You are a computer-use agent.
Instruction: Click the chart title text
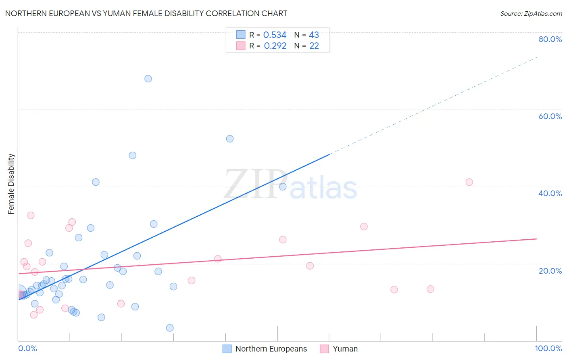click(x=146, y=13)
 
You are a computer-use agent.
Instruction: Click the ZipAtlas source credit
click(x=531, y=13)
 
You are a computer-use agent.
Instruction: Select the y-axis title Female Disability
click(x=11, y=184)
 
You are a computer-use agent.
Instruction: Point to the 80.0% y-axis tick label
click(x=550, y=39)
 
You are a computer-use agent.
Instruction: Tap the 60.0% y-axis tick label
click(x=550, y=116)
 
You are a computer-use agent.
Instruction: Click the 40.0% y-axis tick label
click(x=550, y=193)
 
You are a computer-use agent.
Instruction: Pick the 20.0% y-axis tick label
click(x=550, y=271)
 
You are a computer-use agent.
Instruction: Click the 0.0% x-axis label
click(x=27, y=348)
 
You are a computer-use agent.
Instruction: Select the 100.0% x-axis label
click(x=548, y=348)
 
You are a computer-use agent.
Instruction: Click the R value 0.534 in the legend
click(x=275, y=35)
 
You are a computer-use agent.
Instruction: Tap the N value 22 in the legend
click(x=314, y=46)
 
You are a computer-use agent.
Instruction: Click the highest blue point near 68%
click(x=148, y=79)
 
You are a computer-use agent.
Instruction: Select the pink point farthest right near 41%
click(x=469, y=182)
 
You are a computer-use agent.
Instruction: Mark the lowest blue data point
click(x=170, y=328)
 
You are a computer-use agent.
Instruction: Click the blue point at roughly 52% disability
click(x=230, y=139)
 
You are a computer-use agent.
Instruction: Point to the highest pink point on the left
click(x=31, y=215)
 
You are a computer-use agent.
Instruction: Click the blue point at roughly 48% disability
click(x=132, y=155)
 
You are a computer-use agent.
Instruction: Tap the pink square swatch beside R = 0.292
click(x=241, y=46)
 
